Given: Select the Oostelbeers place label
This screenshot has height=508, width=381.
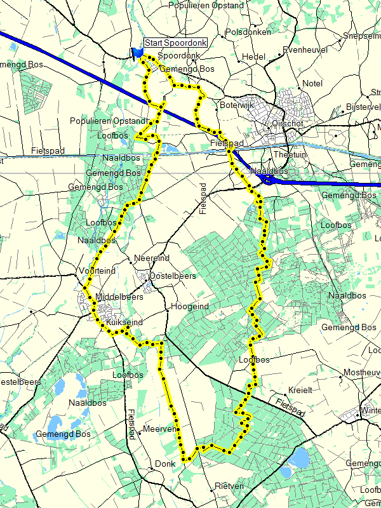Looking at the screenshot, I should tap(173, 276).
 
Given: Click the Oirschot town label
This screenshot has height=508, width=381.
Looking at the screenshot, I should tap(288, 123).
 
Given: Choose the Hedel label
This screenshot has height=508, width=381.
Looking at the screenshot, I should tap(254, 57).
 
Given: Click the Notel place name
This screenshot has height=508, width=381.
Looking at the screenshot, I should tap(312, 83).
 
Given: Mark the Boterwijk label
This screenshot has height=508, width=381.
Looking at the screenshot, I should tap(236, 104).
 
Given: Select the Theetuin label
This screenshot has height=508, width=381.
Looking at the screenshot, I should tap(289, 155).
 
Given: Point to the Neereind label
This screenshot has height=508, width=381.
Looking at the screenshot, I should tap(152, 258).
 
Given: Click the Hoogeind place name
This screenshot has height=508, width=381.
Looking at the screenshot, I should tap(190, 307).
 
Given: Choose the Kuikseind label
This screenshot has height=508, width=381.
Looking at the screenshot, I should tap(124, 323).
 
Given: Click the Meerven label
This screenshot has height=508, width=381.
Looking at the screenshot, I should tap(159, 429).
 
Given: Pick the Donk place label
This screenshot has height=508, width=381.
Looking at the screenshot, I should tap(165, 464).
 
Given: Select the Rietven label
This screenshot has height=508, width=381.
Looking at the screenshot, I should tap(229, 486).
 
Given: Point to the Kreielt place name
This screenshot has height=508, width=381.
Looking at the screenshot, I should tap(300, 390).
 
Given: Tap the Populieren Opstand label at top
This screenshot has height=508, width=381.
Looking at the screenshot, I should tap(206, 5).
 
